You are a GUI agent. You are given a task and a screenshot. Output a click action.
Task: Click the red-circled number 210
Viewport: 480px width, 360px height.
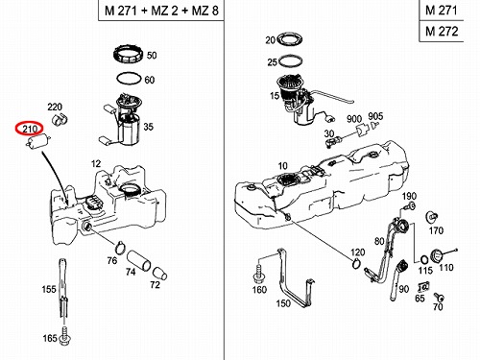click(x=29, y=129)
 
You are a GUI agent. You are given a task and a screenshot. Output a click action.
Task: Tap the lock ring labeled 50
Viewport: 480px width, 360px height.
click(x=129, y=55)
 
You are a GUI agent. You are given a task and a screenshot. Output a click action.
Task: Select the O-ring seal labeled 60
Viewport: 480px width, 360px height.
click(x=129, y=78)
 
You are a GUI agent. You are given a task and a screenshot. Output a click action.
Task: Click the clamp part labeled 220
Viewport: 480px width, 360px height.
click(x=60, y=119)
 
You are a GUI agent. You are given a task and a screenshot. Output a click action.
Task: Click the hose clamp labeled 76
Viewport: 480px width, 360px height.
click(x=120, y=247)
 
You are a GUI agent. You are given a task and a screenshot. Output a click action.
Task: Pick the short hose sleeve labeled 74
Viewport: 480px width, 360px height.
click(x=138, y=261)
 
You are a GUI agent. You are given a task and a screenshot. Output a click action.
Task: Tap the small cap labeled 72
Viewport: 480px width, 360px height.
click(x=159, y=273)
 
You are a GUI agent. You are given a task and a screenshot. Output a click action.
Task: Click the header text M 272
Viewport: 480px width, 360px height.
click(x=442, y=32)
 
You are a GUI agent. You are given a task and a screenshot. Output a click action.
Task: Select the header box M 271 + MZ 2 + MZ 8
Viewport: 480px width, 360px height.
click(x=161, y=11)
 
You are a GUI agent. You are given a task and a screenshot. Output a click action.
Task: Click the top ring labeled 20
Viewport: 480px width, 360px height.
click(x=290, y=39)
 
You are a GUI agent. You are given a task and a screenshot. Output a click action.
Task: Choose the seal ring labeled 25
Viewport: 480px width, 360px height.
click(x=291, y=61)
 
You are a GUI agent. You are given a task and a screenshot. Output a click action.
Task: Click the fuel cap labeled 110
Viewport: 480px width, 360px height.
click(x=438, y=255)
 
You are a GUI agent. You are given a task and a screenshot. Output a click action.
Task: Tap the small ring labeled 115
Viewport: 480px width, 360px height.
click(x=424, y=259)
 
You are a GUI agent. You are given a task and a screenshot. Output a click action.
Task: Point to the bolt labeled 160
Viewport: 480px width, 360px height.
click(x=258, y=273)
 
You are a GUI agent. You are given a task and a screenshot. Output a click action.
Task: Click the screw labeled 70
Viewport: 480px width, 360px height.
click(x=439, y=297)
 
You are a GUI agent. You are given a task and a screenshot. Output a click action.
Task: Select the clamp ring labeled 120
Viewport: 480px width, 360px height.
click(x=356, y=264)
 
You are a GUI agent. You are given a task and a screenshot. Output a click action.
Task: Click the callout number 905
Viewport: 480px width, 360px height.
click(x=375, y=116)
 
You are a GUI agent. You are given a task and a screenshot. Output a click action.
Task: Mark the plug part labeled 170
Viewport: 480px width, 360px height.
click(x=432, y=217)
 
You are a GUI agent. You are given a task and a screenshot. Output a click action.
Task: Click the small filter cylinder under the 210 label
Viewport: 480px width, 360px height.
click(x=38, y=141)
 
